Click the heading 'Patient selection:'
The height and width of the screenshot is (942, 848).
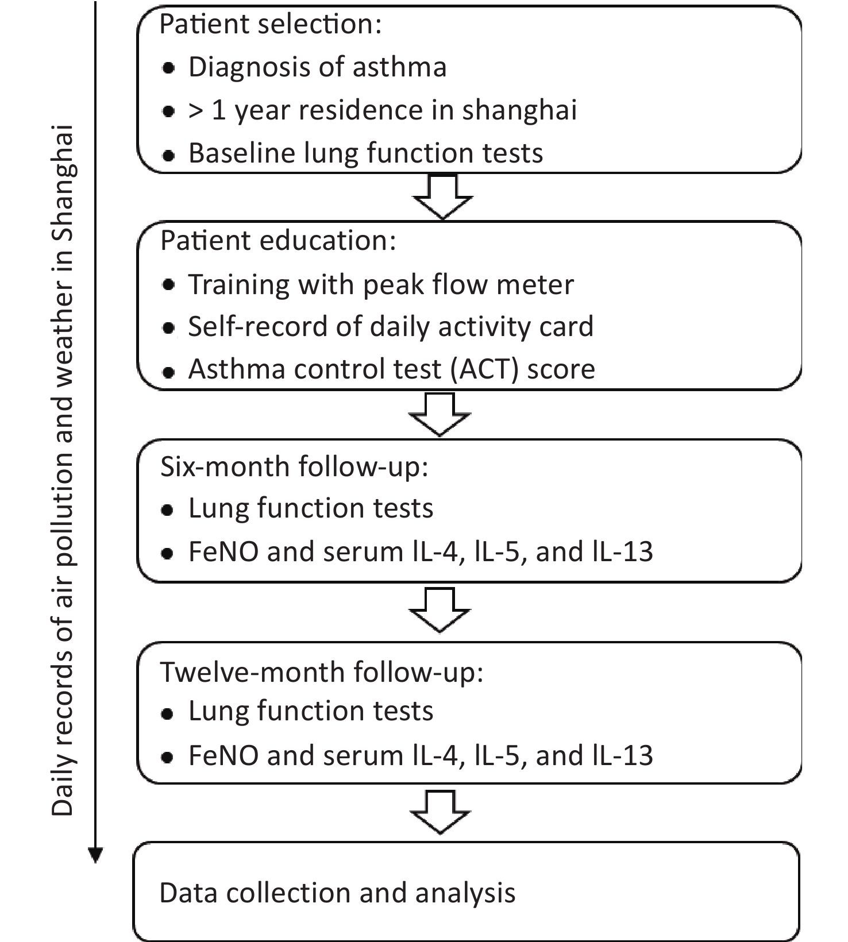pos(270,25)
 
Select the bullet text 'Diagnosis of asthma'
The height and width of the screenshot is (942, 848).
pos(318,67)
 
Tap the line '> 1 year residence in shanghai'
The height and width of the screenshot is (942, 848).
pos(383,110)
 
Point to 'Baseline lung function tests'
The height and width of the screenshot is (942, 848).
pos(366,153)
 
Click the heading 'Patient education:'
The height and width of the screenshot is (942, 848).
pos(278,241)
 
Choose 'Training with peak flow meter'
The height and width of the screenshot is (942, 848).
pos(381,285)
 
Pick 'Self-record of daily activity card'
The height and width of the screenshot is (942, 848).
pos(391,327)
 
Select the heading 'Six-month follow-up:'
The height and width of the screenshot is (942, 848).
pos(294,466)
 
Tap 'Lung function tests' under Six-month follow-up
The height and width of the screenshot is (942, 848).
pos(311,508)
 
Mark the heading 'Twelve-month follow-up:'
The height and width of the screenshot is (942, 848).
pos(322,673)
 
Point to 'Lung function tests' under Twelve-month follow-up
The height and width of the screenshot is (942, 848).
pos(311,711)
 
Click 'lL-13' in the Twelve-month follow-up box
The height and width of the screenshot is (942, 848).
pos(623,755)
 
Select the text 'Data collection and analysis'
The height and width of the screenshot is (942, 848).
pos(337,893)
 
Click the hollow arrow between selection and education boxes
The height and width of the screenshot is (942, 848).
pos(443,197)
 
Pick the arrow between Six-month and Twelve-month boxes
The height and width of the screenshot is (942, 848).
pos(440,610)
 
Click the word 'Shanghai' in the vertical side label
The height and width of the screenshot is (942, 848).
pos(63,183)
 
